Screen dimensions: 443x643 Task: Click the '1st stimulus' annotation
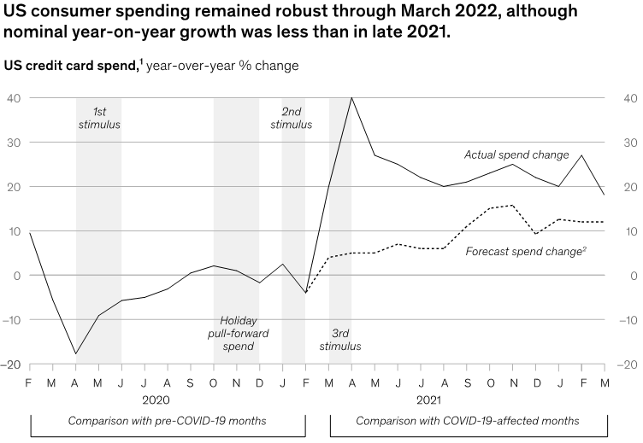coord(98,118)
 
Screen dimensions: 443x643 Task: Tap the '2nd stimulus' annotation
coord(291,118)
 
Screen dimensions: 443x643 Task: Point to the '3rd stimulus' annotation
coord(345,340)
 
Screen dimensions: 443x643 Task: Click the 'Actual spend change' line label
coord(516,155)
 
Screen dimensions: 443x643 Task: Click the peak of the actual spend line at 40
coord(352,98)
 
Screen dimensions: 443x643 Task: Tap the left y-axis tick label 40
coord(15,98)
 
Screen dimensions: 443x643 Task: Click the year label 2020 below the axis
coord(156,399)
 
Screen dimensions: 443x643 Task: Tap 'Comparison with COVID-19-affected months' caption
coord(468,421)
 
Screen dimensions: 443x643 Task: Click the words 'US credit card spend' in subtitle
coord(72,66)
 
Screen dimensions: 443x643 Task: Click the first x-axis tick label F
coord(30,381)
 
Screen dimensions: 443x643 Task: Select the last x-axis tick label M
coord(606,381)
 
